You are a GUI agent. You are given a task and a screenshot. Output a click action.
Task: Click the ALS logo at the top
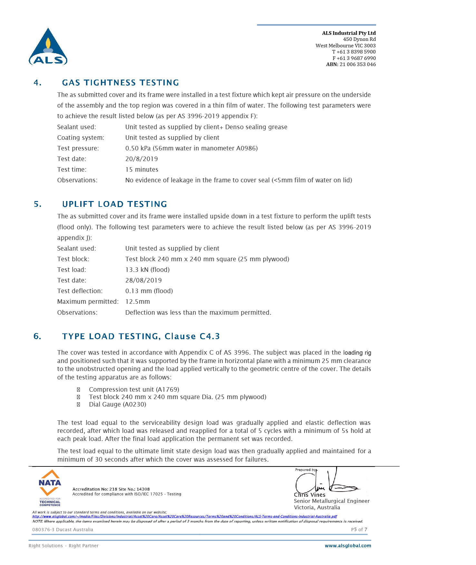point(48,47)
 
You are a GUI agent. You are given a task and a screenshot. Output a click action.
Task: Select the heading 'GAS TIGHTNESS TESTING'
point(120,83)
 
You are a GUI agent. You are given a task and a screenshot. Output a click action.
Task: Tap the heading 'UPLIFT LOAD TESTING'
point(114,204)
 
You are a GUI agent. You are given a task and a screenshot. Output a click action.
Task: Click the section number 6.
point(37,337)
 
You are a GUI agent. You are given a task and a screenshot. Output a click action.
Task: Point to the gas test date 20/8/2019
point(141,159)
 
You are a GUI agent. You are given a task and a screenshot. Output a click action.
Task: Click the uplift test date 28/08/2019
point(143,280)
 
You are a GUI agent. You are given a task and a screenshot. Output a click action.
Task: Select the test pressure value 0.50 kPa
point(138,148)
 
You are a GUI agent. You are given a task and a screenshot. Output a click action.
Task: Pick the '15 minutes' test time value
point(142,169)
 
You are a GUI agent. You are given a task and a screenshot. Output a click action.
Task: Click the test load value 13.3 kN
point(137,270)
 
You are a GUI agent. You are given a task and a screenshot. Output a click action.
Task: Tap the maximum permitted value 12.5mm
point(138,302)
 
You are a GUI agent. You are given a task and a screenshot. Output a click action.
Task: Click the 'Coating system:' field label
point(81,138)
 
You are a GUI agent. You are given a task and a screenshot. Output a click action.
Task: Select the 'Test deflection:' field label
point(80,291)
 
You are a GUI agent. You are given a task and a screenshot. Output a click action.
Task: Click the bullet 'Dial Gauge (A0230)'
point(117,404)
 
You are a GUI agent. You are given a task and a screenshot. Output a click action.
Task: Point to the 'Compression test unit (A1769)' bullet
point(134,389)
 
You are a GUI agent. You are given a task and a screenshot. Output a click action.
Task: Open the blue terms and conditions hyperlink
point(184,516)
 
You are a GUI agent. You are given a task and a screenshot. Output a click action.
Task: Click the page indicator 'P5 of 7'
point(359,530)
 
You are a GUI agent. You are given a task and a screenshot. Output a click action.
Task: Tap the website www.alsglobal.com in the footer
point(348,546)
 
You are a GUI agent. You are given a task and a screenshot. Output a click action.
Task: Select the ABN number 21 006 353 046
point(357,64)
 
